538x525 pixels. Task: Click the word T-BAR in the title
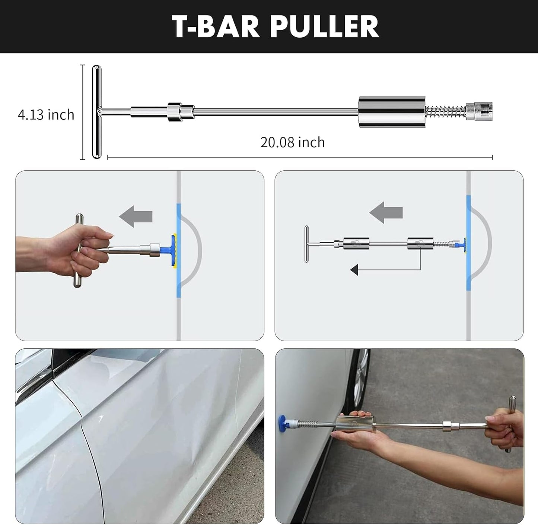[216, 26]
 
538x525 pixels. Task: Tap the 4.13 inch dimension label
[46, 114]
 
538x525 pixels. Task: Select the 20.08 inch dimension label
[293, 142]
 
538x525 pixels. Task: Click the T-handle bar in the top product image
[96, 112]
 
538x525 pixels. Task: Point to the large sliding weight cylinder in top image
[392, 112]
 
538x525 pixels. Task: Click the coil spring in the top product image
[446, 111]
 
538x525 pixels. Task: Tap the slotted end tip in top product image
[480, 111]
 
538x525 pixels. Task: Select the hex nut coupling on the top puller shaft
[175, 112]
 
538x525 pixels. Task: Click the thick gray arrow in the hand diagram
[136, 216]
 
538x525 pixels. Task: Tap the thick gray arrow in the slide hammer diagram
[386, 212]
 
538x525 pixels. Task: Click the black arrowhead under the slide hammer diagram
[354, 270]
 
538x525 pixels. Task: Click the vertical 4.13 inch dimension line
[83, 112]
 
